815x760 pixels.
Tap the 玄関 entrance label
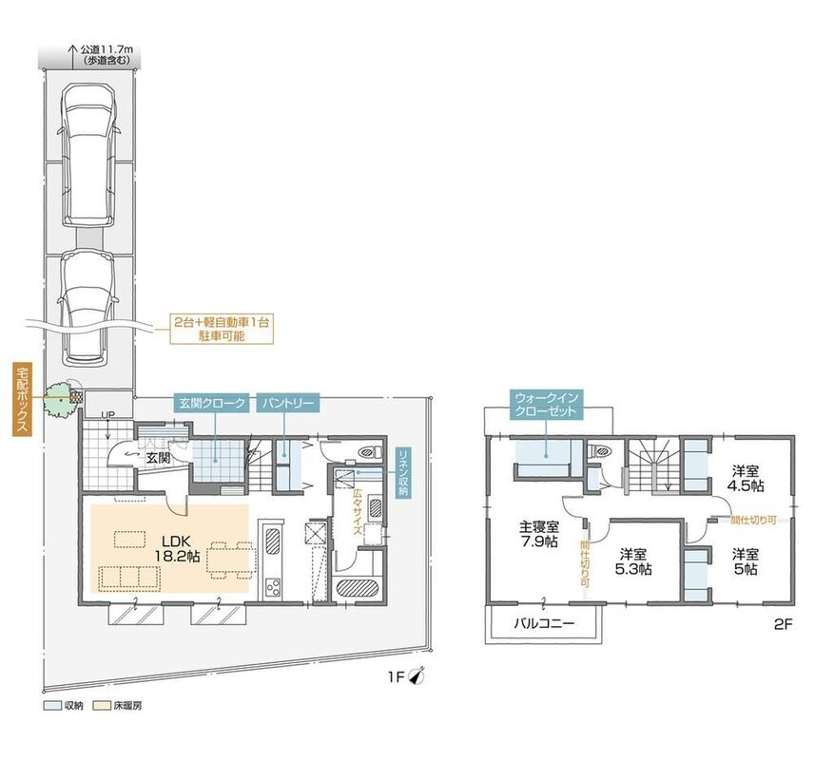(158, 459)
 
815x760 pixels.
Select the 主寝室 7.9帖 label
(539, 534)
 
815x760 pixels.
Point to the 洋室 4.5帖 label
(746, 479)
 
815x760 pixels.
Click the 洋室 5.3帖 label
(633, 561)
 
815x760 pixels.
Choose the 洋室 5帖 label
(746, 561)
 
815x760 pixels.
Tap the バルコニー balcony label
(544, 623)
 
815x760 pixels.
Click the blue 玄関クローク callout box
(212, 404)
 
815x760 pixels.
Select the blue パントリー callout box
(287, 404)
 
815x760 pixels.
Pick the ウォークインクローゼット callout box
(546, 405)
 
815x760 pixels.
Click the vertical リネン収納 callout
(404, 472)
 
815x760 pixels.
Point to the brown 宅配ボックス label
(23, 399)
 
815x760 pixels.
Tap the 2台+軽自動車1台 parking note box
(222, 329)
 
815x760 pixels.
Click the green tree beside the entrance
(58, 399)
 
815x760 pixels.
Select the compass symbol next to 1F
(417, 675)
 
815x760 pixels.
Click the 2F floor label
(783, 624)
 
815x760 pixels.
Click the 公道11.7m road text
(107, 49)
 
